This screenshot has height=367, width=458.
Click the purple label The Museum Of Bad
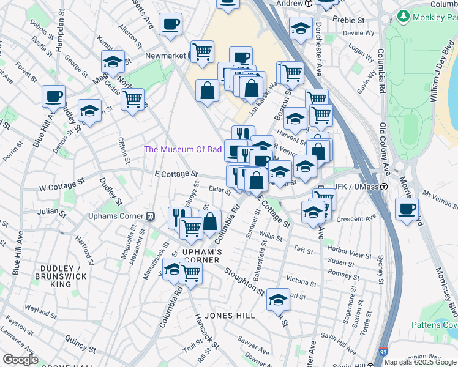pyautogui.click(x=182, y=150)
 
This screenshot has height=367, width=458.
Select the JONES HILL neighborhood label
pyautogui.click(x=227, y=315)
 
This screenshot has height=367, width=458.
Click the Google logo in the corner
pyautogui.click(x=20, y=359)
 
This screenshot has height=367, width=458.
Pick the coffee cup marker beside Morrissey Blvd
pyautogui.click(x=407, y=209)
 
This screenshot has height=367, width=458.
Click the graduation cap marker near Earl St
pyautogui.click(x=278, y=299)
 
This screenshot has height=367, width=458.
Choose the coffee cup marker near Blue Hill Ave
pyautogui.click(x=54, y=96)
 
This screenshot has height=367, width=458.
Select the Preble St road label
pyautogui.click(x=348, y=20)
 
